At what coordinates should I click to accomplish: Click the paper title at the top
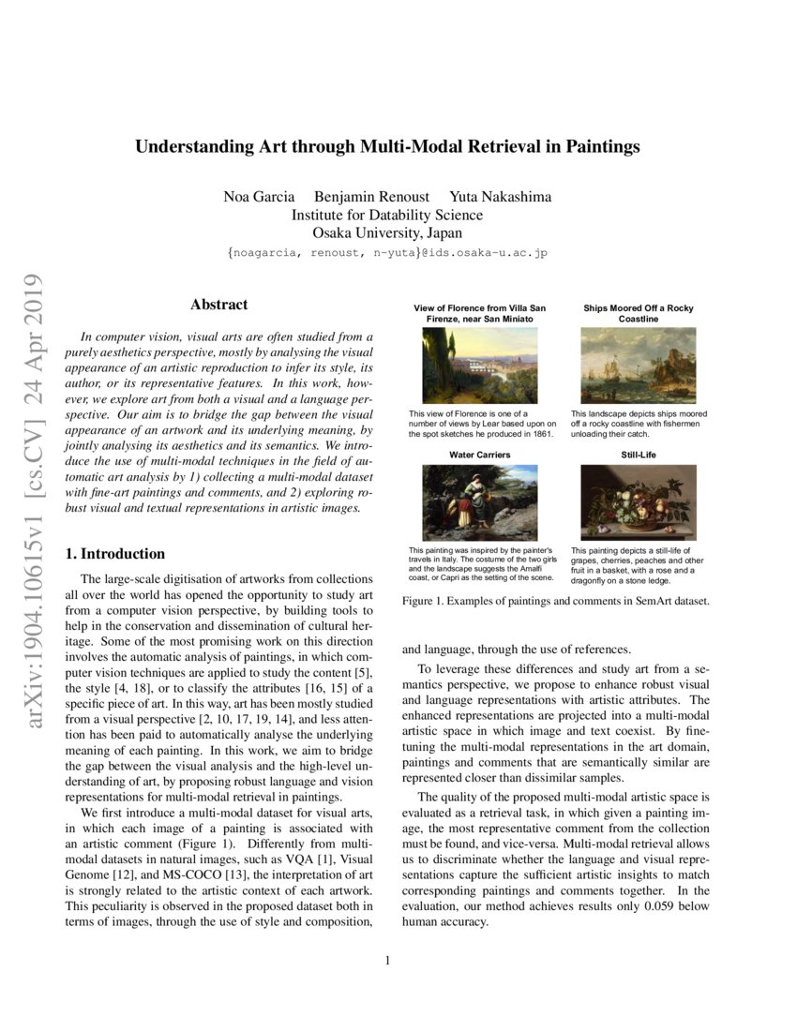(x=387, y=146)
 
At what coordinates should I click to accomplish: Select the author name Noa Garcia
(x=259, y=197)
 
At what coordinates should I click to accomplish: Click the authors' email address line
(x=387, y=253)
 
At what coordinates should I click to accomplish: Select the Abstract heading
(x=218, y=305)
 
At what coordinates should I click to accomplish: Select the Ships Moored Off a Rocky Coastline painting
(x=638, y=366)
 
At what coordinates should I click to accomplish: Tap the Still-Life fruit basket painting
(x=638, y=502)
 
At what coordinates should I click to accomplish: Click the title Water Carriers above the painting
(x=480, y=455)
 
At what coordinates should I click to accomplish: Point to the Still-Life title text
(x=638, y=455)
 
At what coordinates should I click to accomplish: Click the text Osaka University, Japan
(x=387, y=232)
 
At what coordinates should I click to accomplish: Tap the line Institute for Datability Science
(x=387, y=215)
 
